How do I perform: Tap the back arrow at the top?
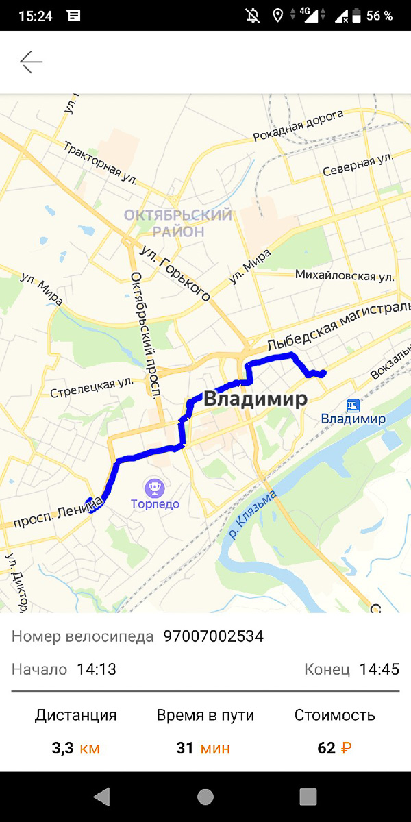(x=31, y=62)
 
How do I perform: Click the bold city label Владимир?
(x=255, y=400)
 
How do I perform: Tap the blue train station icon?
(x=353, y=404)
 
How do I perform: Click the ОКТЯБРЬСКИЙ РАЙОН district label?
(x=178, y=223)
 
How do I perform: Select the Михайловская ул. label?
(x=345, y=276)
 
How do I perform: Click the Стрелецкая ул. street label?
(x=91, y=388)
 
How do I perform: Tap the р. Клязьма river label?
(x=253, y=514)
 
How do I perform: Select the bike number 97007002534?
(x=213, y=636)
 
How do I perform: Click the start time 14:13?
(x=97, y=669)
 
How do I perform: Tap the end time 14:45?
(x=379, y=669)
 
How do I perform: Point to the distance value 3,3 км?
(x=75, y=748)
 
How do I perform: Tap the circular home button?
(x=205, y=797)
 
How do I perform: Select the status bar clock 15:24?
(x=36, y=16)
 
